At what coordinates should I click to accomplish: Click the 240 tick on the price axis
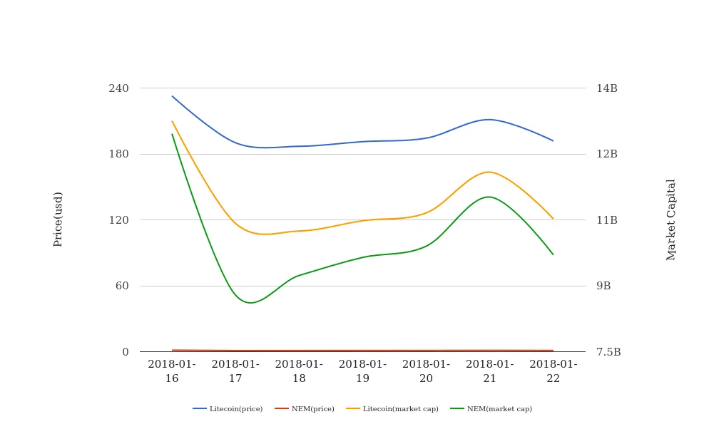point(118,88)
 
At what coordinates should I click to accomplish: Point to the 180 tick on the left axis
point(118,154)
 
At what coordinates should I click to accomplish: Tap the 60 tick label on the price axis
point(121,286)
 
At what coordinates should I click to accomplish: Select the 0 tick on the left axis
point(126,352)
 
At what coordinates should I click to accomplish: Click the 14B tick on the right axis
point(607,88)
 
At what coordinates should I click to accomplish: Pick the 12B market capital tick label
point(607,154)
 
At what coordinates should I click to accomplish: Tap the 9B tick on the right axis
point(603,286)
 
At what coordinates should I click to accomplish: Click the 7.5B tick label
point(608,352)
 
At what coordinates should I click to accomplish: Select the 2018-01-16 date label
point(172,371)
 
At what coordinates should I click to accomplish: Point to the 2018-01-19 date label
point(362,371)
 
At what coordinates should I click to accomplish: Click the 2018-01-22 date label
point(554,371)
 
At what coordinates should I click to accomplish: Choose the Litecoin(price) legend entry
point(228,409)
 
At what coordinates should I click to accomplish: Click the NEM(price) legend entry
point(305,409)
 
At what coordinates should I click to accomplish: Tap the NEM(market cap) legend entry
point(491,409)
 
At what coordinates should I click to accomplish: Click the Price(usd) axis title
point(58,219)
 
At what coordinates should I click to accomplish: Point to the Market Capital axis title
point(671,219)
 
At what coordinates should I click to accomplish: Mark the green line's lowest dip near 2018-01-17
point(250,303)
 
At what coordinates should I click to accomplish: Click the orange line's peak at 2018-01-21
point(489,172)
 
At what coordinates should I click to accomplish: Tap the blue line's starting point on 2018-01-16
point(172,96)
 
